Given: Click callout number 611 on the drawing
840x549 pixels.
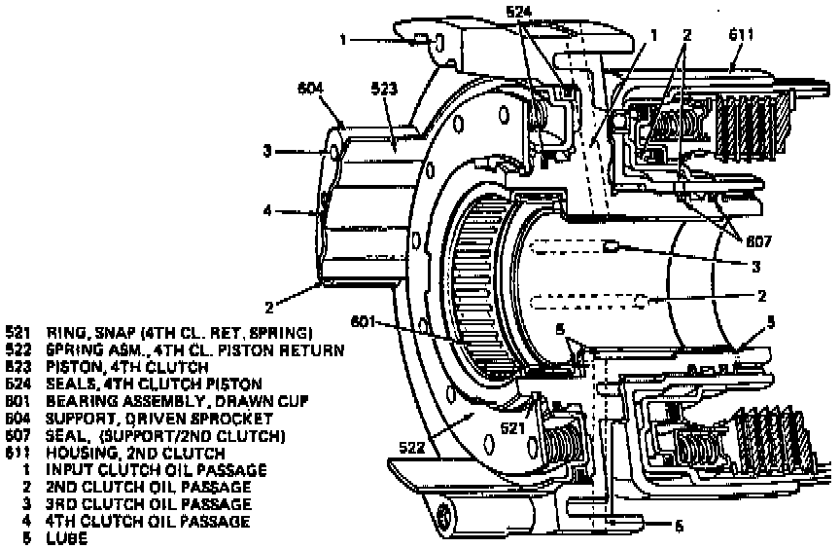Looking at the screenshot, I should [x=741, y=35].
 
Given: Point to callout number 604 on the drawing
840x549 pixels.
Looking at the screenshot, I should [x=310, y=90].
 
